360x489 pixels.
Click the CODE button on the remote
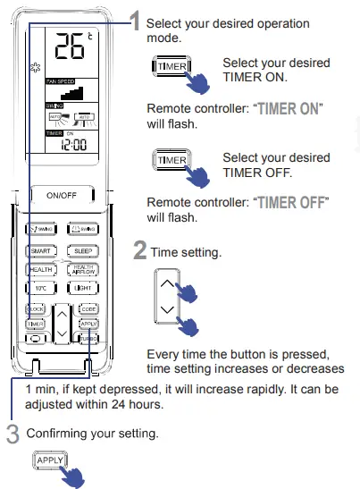(x=88, y=308)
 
